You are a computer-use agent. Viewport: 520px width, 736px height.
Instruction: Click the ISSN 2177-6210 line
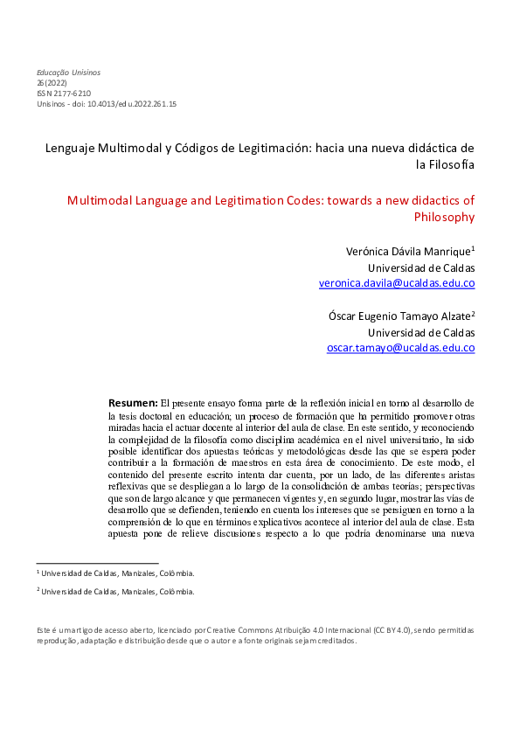tap(63, 93)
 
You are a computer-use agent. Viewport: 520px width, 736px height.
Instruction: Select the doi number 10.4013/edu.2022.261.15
tap(139, 103)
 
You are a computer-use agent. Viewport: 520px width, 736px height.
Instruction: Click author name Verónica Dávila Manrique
tap(409, 251)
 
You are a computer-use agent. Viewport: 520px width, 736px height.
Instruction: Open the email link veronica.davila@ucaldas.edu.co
tap(397, 283)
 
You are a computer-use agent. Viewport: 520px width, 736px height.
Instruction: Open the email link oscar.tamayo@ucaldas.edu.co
tap(400, 348)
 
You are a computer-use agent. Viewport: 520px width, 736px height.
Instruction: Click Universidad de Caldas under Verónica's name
tap(421, 267)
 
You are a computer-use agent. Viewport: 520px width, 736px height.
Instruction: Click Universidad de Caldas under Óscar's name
tap(421, 332)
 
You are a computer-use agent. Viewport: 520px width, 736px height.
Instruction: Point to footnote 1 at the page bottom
tap(114, 573)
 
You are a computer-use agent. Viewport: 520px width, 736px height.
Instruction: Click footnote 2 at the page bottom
tap(114, 592)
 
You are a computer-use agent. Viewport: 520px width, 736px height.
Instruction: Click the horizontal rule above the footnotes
tap(97, 563)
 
